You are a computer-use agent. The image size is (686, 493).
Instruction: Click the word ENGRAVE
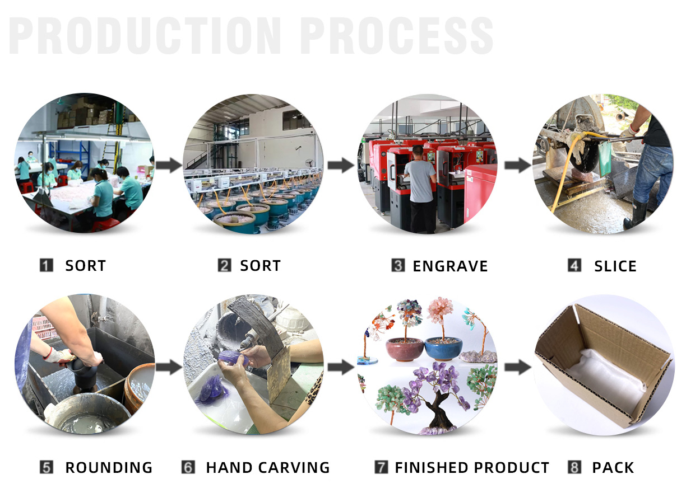[450, 266]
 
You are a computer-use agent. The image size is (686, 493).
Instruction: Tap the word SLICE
[615, 266]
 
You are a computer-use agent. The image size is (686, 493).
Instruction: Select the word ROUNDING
[109, 467]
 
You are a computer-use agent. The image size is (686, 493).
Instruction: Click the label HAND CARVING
[268, 467]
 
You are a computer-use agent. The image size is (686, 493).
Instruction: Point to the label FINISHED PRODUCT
[472, 467]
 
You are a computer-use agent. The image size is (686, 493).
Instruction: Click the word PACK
[613, 467]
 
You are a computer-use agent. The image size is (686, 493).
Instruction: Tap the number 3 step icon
[398, 265]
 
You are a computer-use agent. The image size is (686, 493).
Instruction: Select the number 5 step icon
[47, 467]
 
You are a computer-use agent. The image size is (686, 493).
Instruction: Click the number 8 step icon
[574, 467]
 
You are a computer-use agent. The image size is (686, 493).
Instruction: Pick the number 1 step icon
[47, 265]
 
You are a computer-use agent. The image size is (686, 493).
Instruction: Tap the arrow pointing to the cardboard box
[518, 367]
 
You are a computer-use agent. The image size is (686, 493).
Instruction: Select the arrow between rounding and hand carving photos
[169, 367]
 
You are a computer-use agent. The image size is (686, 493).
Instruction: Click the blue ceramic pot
[442, 348]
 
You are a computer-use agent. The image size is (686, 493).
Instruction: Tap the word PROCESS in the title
[396, 36]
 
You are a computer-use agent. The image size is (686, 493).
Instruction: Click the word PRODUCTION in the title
[146, 36]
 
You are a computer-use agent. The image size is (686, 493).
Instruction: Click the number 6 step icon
[188, 467]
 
